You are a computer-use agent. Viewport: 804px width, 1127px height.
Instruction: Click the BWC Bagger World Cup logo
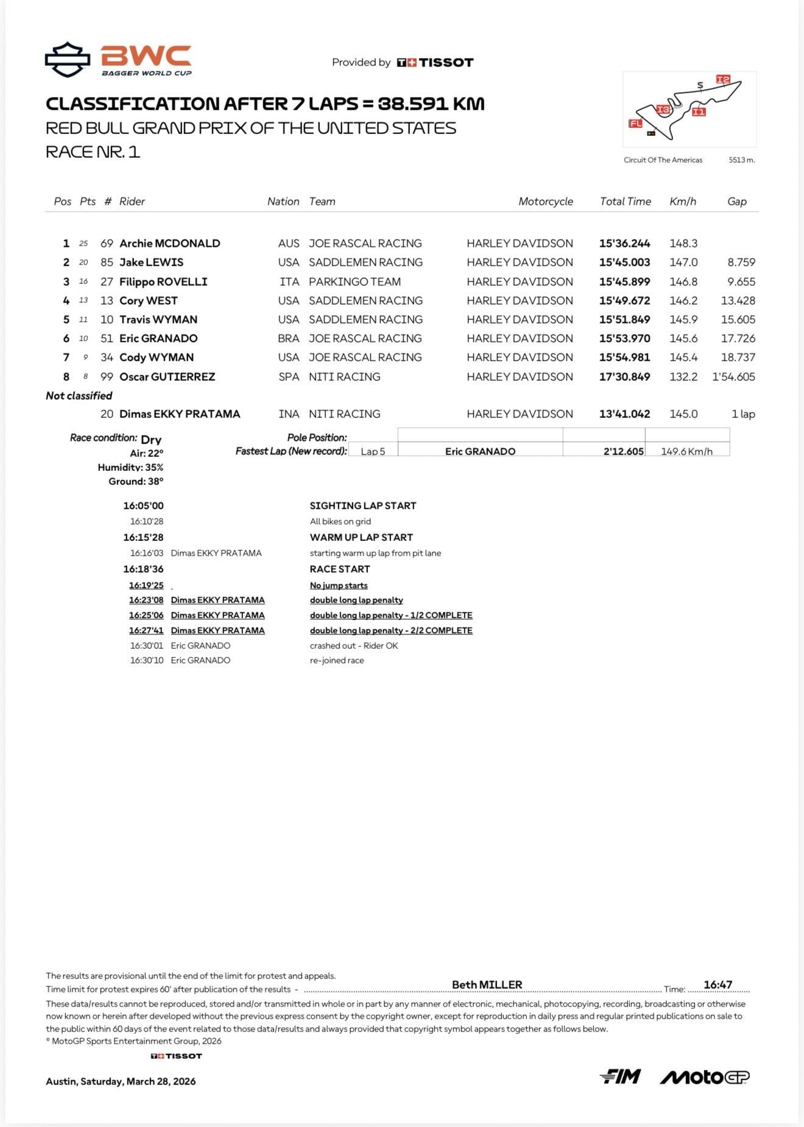pyautogui.click(x=119, y=60)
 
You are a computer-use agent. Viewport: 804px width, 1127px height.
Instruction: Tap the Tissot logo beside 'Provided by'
pyautogui.click(x=434, y=62)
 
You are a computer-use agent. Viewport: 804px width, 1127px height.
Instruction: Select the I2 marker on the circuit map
pyautogui.click(x=722, y=80)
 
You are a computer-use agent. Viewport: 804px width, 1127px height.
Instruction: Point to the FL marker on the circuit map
pyautogui.click(x=635, y=124)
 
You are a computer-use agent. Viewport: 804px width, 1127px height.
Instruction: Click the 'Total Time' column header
pyautogui.click(x=625, y=202)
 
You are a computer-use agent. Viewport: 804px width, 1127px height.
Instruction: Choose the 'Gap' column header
pyautogui.click(x=736, y=202)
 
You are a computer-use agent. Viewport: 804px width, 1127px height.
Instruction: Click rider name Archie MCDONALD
pyautogui.click(x=169, y=244)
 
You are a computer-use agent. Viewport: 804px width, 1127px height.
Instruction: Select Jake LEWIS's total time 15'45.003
pyautogui.click(x=624, y=263)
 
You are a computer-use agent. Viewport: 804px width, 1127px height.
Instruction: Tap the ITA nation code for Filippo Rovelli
pyautogui.click(x=289, y=282)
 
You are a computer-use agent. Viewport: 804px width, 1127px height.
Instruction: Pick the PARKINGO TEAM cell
pyautogui.click(x=354, y=282)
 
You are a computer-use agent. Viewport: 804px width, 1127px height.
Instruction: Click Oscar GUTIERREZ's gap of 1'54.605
pyautogui.click(x=733, y=377)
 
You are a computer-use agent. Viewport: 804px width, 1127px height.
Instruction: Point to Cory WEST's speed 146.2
pyautogui.click(x=683, y=301)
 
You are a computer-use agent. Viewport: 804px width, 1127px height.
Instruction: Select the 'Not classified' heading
pyautogui.click(x=79, y=396)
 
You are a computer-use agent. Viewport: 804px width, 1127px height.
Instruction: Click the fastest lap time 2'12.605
pyautogui.click(x=623, y=451)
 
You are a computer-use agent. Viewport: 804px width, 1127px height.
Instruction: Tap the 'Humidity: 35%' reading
pyautogui.click(x=130, y=467)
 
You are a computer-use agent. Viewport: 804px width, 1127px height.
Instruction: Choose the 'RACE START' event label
pyautogui.click(x=339, y=569)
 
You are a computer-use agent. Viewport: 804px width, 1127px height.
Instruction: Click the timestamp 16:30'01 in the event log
pyautogui.click(x=146, y=646)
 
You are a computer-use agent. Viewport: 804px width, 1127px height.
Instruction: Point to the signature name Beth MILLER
pyautogui.click(x=487, y=984)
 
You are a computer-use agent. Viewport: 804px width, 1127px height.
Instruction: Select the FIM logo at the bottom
pyautogui.click(x=619, y=1077)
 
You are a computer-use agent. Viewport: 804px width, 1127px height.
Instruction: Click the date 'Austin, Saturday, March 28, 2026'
pyautogui.click(x=121, y=1081)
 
